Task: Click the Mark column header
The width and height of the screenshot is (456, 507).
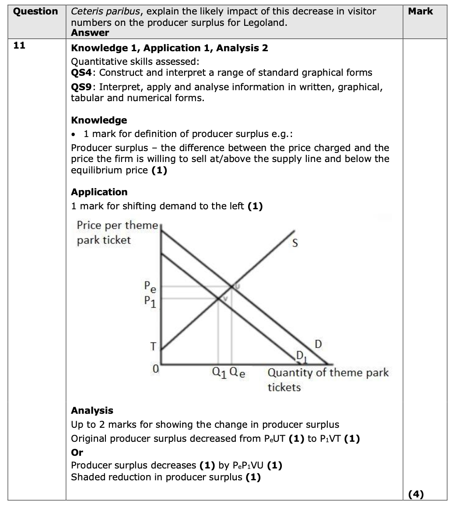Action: click(x=420, y=11)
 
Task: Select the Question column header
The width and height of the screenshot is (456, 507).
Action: click(x=35, y=11)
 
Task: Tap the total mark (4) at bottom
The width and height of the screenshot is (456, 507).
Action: click(x=416, y=494)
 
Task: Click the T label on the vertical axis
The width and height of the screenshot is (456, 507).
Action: click(x=153, y=346)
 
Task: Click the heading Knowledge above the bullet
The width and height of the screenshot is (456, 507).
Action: click(x=99, y=120)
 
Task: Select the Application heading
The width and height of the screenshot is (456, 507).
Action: click(x=99, y=192)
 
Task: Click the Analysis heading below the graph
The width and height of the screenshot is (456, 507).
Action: click(x=92, y=410)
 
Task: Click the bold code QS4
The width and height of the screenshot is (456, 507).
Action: click(x=82, y=73)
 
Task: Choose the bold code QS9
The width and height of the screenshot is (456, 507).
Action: click(x=82, y=87)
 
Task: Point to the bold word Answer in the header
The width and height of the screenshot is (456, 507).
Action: click(x=90, y=32)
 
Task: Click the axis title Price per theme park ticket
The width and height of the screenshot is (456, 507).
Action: click(x=117, y=232)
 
